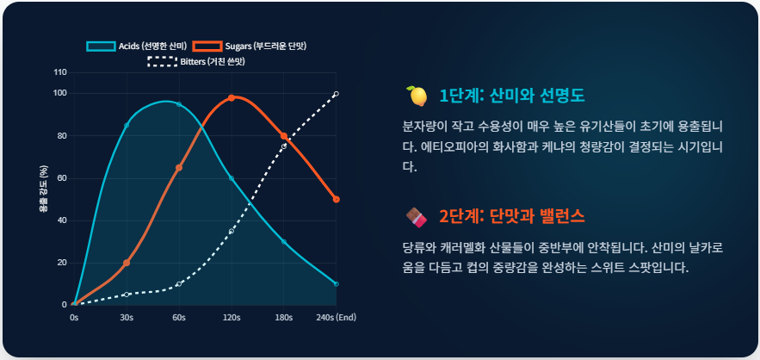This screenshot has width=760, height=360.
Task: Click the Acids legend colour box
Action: coord(100,46)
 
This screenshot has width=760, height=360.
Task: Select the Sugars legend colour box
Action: coord(207,46)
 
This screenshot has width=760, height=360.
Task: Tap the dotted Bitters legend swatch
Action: coord(163,61)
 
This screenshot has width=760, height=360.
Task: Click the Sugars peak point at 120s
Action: coord(232,97)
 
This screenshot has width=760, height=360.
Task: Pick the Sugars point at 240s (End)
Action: coord(337,200)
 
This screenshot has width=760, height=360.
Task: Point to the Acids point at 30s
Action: coord(127,126)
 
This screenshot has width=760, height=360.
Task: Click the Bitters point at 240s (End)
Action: coord(336,94)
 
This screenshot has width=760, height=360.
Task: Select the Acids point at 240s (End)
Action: coord(336,283)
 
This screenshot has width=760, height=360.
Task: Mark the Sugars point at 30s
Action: coord(127,263)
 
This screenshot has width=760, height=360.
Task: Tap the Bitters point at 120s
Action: coord(232,231)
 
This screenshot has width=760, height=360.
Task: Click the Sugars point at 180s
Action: coord(284,136)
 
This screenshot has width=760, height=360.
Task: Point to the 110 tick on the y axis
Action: coord(60,71)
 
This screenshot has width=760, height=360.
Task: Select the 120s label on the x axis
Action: coord(232,317)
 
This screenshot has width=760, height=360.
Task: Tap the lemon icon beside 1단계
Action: coord(417,95)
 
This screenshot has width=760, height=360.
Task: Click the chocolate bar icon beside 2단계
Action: coord(417,215)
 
